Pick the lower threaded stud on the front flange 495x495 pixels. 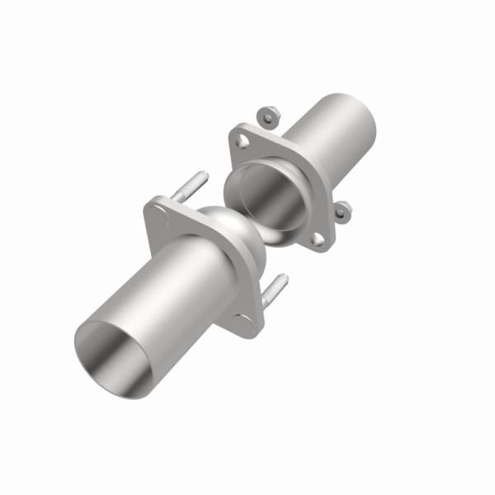[275, 291]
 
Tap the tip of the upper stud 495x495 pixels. [202, 174]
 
